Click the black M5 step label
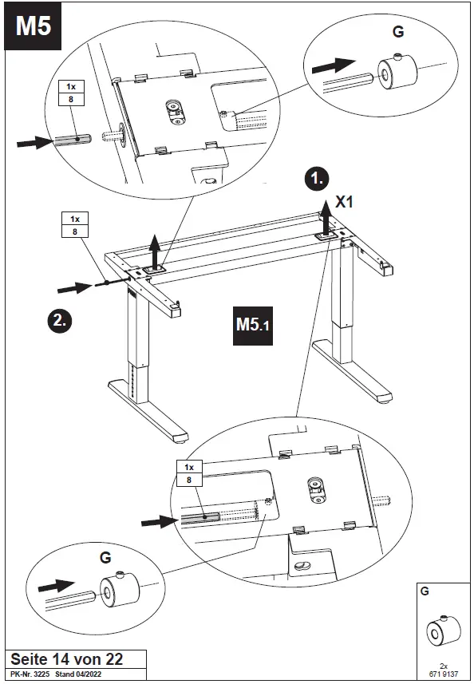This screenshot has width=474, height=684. tap(33, 26)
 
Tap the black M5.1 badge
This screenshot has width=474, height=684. tap(252, 326)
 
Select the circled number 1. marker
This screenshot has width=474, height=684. tap(317, 179)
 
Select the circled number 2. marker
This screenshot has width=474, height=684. tap(59, 321)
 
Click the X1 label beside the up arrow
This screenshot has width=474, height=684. tap(344, 202)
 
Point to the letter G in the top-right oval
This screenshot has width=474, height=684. tap(398, 31)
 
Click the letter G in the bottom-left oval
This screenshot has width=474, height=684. tap(105, 557)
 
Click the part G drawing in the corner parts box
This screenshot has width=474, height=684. tap(443, 631)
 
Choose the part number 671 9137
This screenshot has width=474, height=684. tap(444, 674)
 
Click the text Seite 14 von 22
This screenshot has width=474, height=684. tap(67, 659)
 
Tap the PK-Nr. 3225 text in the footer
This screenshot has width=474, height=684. tap(30, 674)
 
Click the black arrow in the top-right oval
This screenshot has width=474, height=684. tap(334, 65)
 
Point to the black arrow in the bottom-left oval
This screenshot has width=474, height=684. tap(57, 586)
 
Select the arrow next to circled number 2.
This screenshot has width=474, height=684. tap(74, 288)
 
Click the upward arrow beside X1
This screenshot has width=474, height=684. tap(325, 218)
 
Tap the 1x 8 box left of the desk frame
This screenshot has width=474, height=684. tap(75, 224)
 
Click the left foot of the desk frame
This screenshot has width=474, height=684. tap(148, 411)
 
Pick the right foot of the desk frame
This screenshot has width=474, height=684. tap(353, 372)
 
